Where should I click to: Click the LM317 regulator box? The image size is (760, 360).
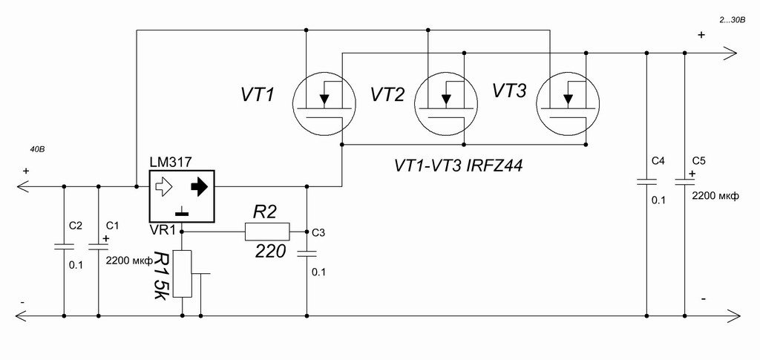tap(181, 196)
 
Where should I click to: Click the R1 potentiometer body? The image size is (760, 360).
tap(182, 274)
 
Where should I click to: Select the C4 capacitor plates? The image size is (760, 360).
tap(646, 181)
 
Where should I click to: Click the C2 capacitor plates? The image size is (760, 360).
tap(64, 245)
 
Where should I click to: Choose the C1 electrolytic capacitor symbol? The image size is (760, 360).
tap(98, 245)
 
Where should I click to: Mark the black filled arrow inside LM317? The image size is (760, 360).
tap(199, 188)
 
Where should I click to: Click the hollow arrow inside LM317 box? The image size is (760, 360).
tap(163, 188)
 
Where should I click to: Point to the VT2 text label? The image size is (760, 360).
tap(387, 95)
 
